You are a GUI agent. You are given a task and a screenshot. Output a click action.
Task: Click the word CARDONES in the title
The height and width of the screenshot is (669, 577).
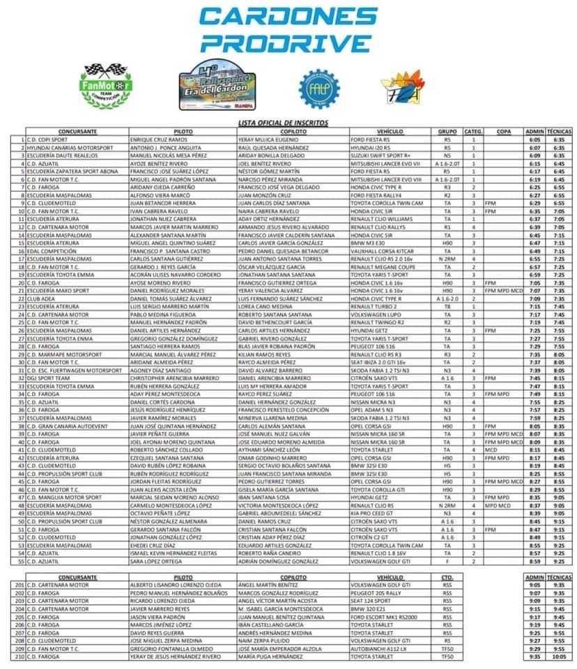288,17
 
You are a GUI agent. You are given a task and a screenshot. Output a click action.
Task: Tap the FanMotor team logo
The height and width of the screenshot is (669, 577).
102,86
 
